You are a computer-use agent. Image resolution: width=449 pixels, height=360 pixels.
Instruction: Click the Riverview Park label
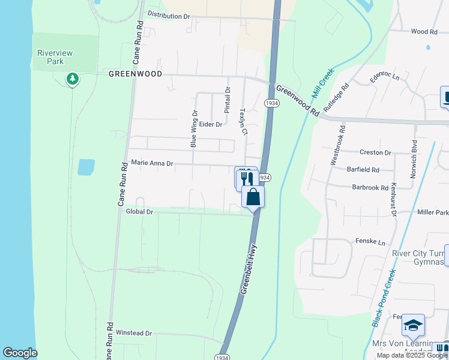(x=55, y=57)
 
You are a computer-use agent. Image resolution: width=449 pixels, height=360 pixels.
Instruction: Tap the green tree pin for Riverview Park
(x=72, y=79)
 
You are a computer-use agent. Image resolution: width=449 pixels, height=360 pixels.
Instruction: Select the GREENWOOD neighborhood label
(x=135, y=73)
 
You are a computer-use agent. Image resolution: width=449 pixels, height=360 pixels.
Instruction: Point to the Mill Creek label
(x=322, y=84)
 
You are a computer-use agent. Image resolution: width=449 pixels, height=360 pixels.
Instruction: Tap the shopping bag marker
(x=253, y=196)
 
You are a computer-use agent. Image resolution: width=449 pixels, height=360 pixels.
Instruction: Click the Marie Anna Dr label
(x=152, y=163)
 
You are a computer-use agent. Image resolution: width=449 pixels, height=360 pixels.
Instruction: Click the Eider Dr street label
(x=211, y=124)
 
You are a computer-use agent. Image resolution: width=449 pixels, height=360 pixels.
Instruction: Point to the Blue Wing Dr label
(x=194, y=128)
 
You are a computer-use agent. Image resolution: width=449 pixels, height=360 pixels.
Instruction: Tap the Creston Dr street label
(x=375, y=153)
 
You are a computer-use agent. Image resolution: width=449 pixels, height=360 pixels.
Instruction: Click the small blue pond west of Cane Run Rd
(x=86, y=167)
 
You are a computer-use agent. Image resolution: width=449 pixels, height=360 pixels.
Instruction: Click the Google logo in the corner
(x=20, y=353)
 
